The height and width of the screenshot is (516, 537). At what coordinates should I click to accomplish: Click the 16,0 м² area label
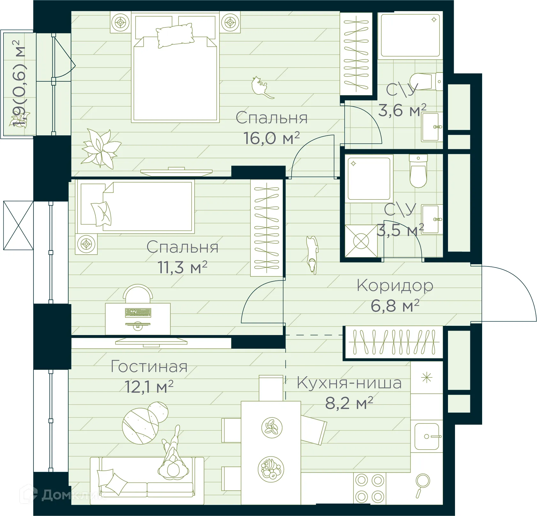[x=272, y=138]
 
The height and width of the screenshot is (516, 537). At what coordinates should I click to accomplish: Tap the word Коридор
[x=395, y=286]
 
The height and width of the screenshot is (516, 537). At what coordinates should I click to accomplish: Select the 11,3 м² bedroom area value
[x=183, y=267]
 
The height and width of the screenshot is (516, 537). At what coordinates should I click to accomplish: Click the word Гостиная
[x=149, y=367]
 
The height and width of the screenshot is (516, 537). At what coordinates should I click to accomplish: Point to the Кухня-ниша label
[x=349, y=383]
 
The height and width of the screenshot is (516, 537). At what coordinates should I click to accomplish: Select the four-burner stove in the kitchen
[x=369, y=488]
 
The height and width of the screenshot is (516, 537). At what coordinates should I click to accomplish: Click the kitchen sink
[x=427, y=436]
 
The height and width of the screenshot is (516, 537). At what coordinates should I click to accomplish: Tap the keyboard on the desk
[x=138, y=312]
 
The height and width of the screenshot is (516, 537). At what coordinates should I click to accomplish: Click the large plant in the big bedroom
[x=101, y=148]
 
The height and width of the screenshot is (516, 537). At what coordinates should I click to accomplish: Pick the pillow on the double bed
[x=175, y=35]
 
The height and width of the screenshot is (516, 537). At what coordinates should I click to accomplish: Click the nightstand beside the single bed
[x=86, y=244]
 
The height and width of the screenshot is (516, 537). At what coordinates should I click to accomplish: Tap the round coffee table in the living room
[x=140, y=426]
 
